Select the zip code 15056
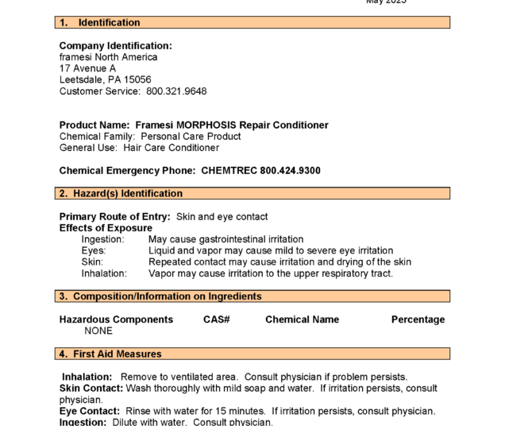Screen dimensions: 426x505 click(137, 79)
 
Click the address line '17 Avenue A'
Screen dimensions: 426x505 click(87, 68)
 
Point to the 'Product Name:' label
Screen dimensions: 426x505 click(94, 125)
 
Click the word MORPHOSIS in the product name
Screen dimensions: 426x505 click(206, 125)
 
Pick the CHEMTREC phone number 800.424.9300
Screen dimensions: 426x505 click(290, 170)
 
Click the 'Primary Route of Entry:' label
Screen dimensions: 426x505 click(114, 216)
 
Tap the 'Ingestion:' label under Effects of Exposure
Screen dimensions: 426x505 click(103, 239)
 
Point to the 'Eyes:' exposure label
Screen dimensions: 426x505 click(93, 250)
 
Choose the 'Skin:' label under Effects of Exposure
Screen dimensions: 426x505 click(92, 261)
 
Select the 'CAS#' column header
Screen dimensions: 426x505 click(216, 319)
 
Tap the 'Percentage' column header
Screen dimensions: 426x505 click(418, 319)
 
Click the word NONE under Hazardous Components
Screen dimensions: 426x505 click(98, 331)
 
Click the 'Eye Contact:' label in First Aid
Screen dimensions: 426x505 click(90, 411)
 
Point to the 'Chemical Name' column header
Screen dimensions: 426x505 click(302, 319)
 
